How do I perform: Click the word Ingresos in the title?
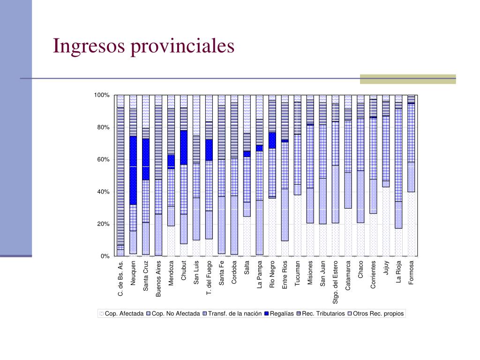[x=89, y=46]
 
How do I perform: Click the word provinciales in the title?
[x=182, y=46]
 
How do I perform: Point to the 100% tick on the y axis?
[x=102, y=95]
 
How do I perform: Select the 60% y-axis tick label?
[x=103, y=159]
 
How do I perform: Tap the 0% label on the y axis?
[x=105, y=256]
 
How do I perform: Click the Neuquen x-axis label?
[x=133, y=273]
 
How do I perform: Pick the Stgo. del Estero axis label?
[x=335, y=282]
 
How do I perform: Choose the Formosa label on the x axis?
[x=411, y=272]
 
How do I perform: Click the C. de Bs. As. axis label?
[x=120, y=278]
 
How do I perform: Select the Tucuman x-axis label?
[x=297, y=273]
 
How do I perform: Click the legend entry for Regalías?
[x=279, y=314]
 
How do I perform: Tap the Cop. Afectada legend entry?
[x=121, y=314]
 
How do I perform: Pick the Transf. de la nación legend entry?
[x=232, y=314]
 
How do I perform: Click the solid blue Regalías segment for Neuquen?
[x=133, y=170]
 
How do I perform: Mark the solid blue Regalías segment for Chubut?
[x=184, y=148]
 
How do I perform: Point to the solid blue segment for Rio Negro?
[x=272, y=140]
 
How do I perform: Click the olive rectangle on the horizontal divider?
[x=408, y=79]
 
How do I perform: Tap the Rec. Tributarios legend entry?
[x=321, y=314]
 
